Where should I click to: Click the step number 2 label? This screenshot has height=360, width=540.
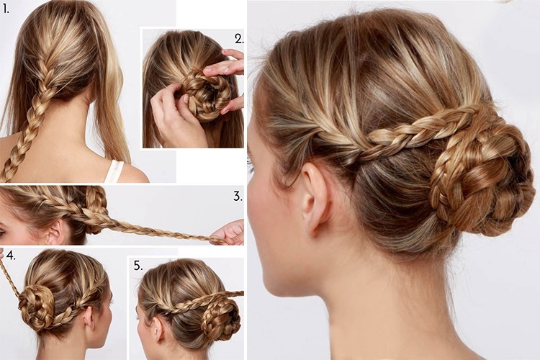coord(238,39)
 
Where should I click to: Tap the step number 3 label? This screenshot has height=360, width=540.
coord(238,196)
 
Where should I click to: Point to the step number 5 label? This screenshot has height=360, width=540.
coord(138,265)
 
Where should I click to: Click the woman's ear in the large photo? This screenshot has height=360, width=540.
coord(314,198)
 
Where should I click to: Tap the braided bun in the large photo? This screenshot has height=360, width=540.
coord(480,180)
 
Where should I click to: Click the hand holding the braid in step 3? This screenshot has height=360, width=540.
coord(230,232)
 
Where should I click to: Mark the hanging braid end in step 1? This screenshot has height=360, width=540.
coord(10,169)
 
